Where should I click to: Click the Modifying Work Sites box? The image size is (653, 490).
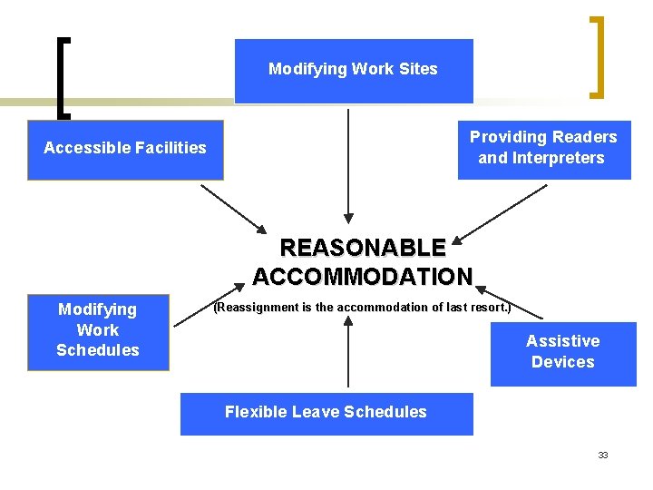click(354, 70)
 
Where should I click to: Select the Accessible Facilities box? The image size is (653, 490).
click(125, 149)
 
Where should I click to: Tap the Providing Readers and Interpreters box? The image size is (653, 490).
click(543, 148)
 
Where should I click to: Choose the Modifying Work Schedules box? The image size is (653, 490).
click(98, 331)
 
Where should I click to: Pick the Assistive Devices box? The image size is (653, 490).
click(563, 352)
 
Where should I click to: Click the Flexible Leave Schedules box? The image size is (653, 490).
click(326, 413)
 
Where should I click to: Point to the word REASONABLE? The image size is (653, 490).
click(363, 248)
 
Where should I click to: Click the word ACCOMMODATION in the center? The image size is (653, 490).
click(363, 276)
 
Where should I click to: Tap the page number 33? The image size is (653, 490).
click(603, 456)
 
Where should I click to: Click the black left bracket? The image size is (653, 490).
click(62, 77)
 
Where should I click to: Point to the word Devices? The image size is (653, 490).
click(563, 362)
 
